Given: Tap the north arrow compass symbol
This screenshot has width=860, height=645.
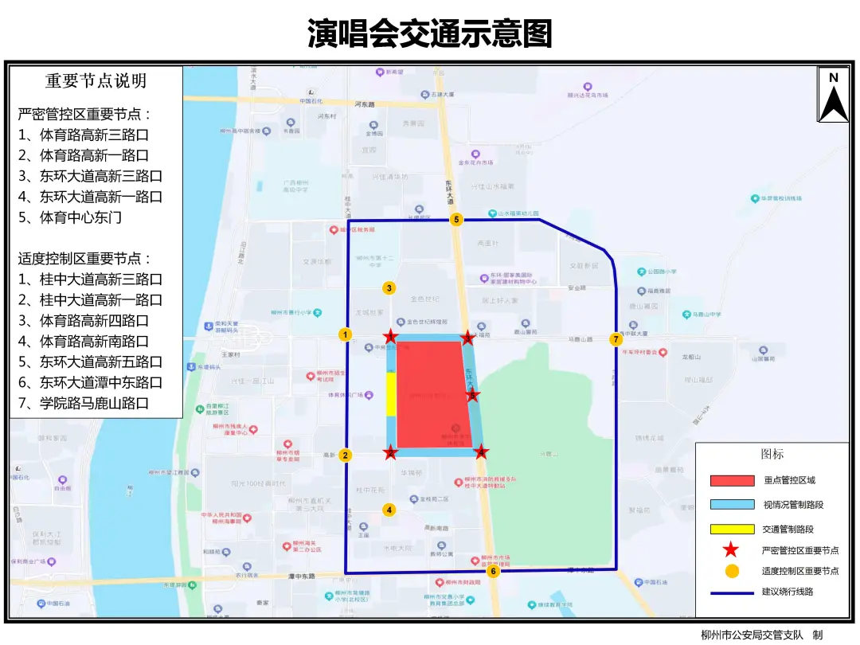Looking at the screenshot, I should tap(834, 95).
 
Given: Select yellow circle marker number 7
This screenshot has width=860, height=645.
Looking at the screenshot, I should tap(616, 339).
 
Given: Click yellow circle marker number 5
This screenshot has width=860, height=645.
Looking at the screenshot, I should tap(456, 220).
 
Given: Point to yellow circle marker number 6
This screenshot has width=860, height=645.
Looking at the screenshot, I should tap(494, 570).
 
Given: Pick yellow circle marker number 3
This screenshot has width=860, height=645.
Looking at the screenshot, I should tap(389, 288).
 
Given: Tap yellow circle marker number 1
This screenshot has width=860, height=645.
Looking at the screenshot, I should tap(345, 334).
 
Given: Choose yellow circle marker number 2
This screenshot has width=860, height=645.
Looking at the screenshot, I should tap(345, 455).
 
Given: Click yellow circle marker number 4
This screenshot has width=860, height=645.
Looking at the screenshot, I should tap(389, 510).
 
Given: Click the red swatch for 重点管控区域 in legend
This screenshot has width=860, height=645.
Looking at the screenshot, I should tap(732, 480).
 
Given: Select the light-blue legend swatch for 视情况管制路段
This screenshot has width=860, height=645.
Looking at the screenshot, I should tap(732, 505).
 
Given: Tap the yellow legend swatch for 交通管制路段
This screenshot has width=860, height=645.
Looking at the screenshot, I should tap(732, 530).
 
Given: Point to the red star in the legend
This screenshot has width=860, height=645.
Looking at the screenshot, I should tap(732, 549).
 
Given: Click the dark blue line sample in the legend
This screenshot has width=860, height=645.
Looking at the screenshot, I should tap(732, 592).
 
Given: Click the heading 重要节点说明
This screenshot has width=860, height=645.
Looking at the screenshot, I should tap(96, 81).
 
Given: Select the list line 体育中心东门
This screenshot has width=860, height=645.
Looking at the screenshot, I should tap(80, 217).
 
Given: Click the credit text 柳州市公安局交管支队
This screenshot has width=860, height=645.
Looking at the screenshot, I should tap(752, 635).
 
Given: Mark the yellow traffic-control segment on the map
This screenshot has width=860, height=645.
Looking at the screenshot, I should tap(391, 394).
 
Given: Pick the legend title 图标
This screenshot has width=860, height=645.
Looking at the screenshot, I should tap(772, 454).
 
